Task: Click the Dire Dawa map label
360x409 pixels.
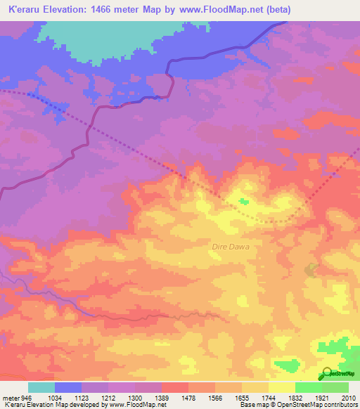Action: point(231,247)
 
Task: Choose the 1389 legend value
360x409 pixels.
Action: point(161,397)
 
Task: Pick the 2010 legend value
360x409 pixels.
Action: point(347,397)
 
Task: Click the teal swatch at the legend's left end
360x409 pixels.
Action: point(41,387)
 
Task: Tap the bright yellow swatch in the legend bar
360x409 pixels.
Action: point(281,387)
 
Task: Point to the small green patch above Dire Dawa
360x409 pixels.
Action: point(243,202)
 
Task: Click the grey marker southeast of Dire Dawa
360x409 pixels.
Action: point(311,269)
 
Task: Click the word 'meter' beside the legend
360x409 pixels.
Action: point(11,397)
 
